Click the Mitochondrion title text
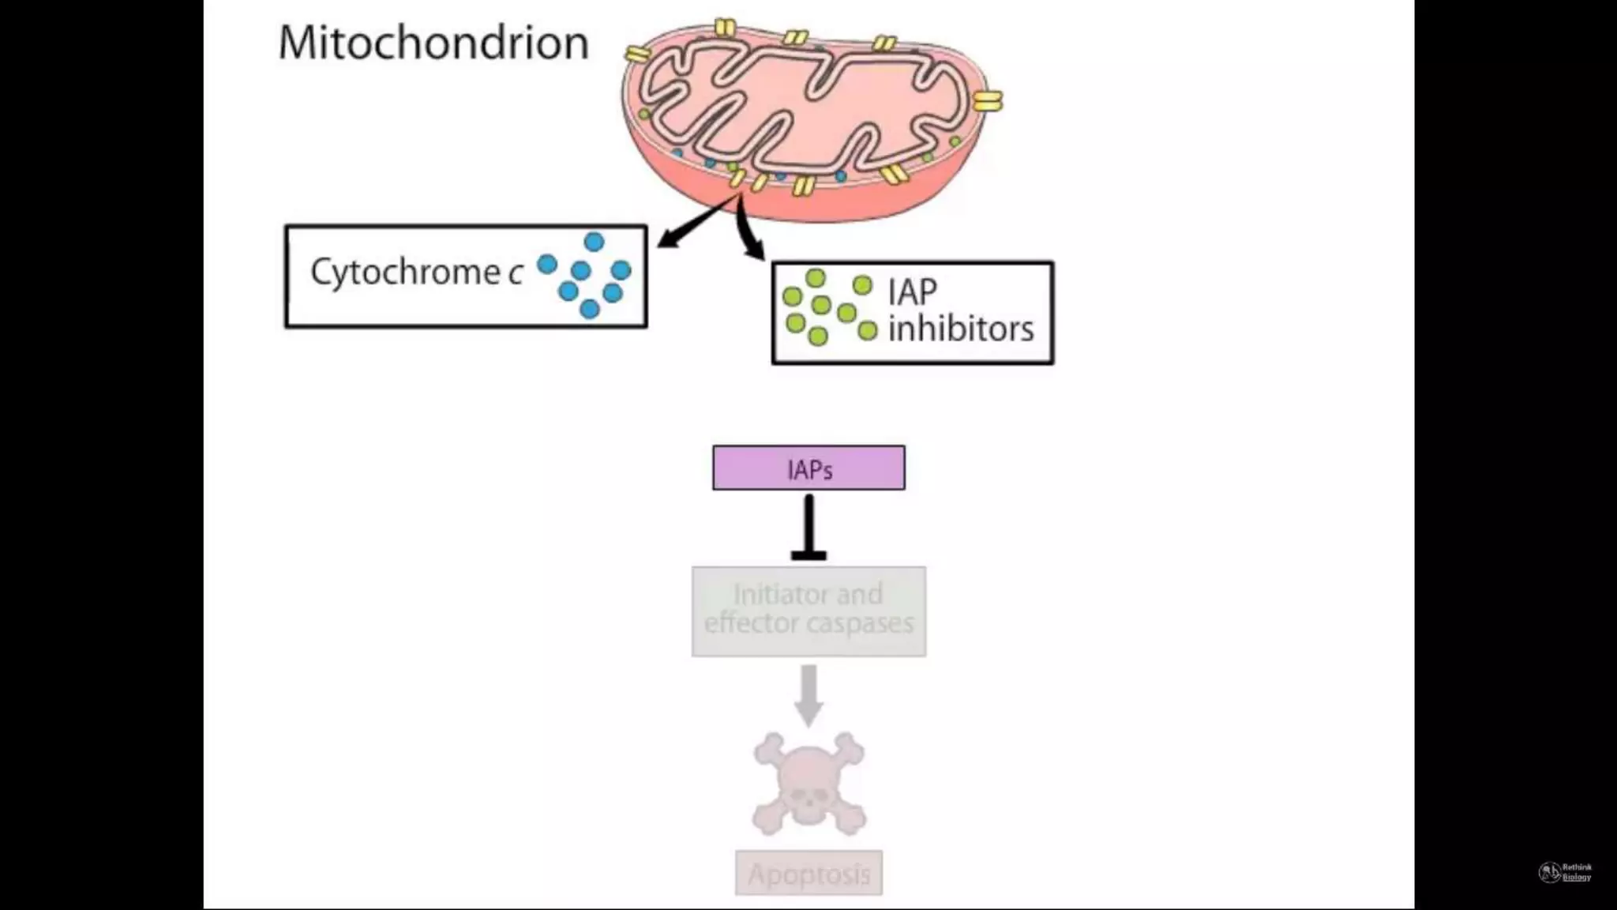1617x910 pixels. pos(433,43)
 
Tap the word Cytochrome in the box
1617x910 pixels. pos(405,273)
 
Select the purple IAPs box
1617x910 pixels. pos(808,468)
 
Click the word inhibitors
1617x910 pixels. pos(960,329)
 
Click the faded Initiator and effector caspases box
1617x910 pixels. pos(808,611)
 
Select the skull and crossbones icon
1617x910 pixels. pos(808,784)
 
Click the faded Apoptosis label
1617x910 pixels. pos(808,874)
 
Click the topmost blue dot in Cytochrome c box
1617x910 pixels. pos(594,242)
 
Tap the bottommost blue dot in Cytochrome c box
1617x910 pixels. pos(589,310)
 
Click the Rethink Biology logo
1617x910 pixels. pos(1565,872)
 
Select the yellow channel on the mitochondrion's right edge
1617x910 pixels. pos(987,101)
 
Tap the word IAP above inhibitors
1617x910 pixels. pos(912,292)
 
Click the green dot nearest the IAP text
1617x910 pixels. pos(863,285)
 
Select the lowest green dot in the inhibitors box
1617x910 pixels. pos(818,337)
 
